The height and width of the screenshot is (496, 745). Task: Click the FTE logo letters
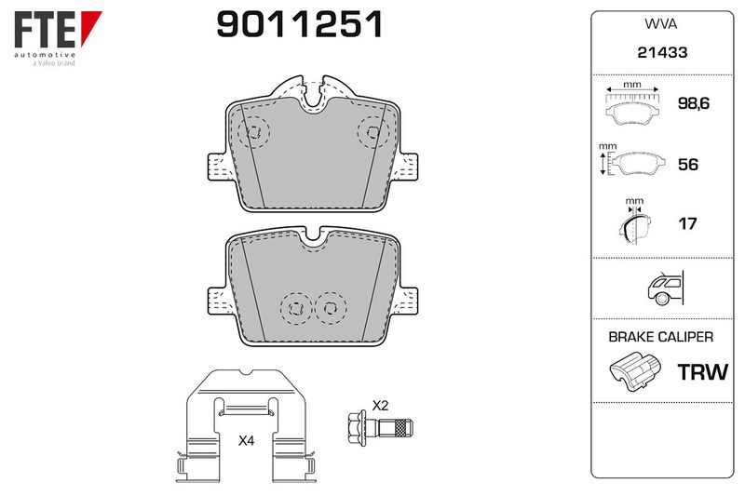(45, 30)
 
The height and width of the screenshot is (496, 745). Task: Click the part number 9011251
(299, 24)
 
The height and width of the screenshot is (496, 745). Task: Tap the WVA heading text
(661, 24)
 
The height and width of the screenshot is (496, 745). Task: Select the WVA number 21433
(662, 52)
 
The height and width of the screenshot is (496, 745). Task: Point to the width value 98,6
(694, 103)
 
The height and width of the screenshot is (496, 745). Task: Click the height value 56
(688, 164)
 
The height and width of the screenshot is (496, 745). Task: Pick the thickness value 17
(687, 223)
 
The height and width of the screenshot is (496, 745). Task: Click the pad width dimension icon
(632, 105)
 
